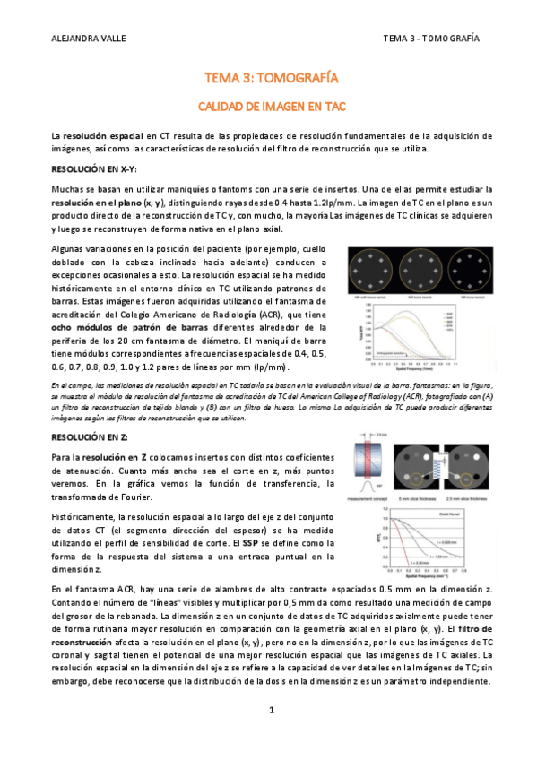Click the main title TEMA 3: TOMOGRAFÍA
click(268, 79)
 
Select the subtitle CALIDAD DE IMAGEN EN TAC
click(268, 105)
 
